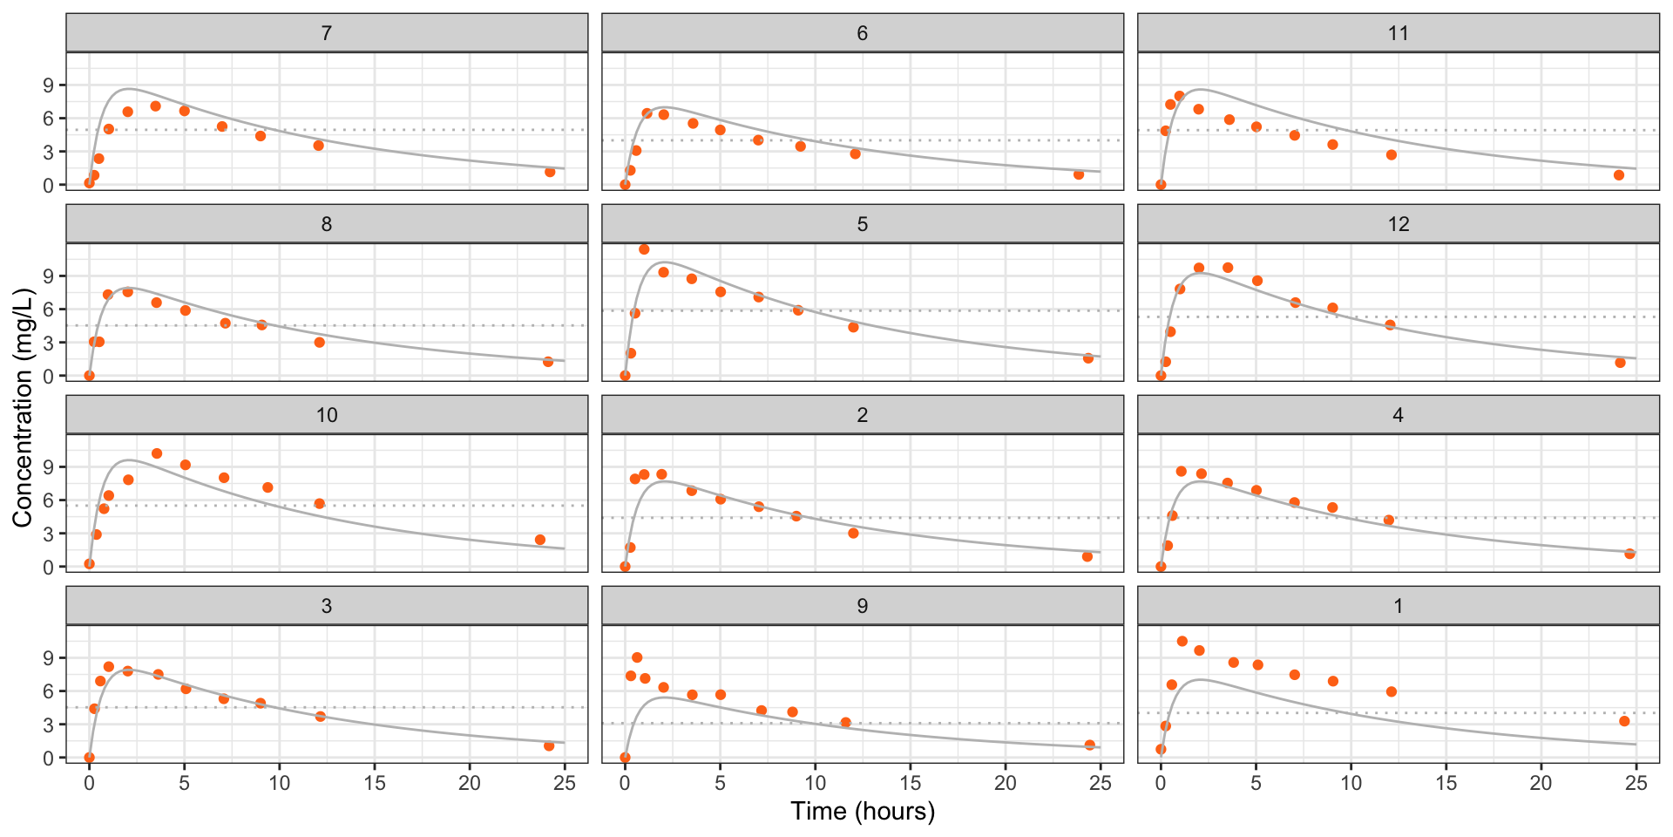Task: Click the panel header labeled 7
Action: coord(327,33)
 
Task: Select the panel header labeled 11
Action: coord(1398,33)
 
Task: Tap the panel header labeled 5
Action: coord(862,224)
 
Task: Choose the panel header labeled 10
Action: coord(327,415)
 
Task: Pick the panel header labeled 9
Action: coord(862,606)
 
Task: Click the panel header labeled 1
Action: coord(1398,606)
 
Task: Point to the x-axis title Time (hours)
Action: coord(862,812)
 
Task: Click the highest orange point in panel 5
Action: coord(644,249)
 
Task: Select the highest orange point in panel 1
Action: coord(1182,642)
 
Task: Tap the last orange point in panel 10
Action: coord(540,540)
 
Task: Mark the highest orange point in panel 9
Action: coord(637,657)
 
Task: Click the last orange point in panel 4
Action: coord(1629,554)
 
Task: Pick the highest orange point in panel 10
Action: coord(157,453)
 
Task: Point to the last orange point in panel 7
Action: coord(550,172)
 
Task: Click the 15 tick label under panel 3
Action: coord(375,784)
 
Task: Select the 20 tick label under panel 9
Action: coord(1006,784)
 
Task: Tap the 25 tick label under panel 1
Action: coord(1636,784)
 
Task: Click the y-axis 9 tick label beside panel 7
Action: coord(49,85)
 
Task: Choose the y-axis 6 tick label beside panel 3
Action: coord(49,691)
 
